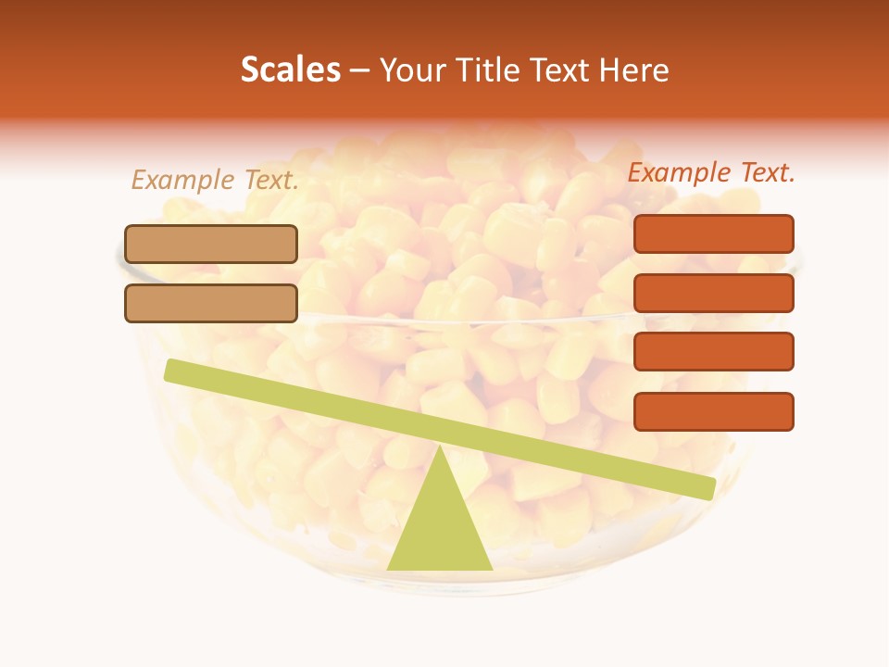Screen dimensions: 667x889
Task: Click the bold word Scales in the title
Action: pos(290,69)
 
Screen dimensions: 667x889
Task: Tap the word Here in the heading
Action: pos(635,69)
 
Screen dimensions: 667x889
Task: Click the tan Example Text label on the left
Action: pos(215,180)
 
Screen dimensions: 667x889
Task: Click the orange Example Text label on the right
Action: pos(711,172)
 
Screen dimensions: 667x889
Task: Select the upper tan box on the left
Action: pos(211,244)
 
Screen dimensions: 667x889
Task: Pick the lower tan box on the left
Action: pos(211,303)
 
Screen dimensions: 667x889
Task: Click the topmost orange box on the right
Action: pos(713,233)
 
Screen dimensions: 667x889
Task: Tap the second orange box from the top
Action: pos(713,293)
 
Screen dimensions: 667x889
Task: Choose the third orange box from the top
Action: pos(713,351)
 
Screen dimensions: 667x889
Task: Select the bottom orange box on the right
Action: pos(713,411)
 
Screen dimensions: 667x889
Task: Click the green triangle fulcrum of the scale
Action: pos(440,523)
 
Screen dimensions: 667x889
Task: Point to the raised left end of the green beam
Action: pos(172,371)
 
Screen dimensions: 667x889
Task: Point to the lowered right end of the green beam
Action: pos(707,488)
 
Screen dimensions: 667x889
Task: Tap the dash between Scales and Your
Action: pos(360,70)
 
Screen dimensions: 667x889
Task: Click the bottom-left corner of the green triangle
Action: pos(389,568)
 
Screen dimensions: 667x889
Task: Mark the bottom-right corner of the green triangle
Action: pos(491,568)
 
